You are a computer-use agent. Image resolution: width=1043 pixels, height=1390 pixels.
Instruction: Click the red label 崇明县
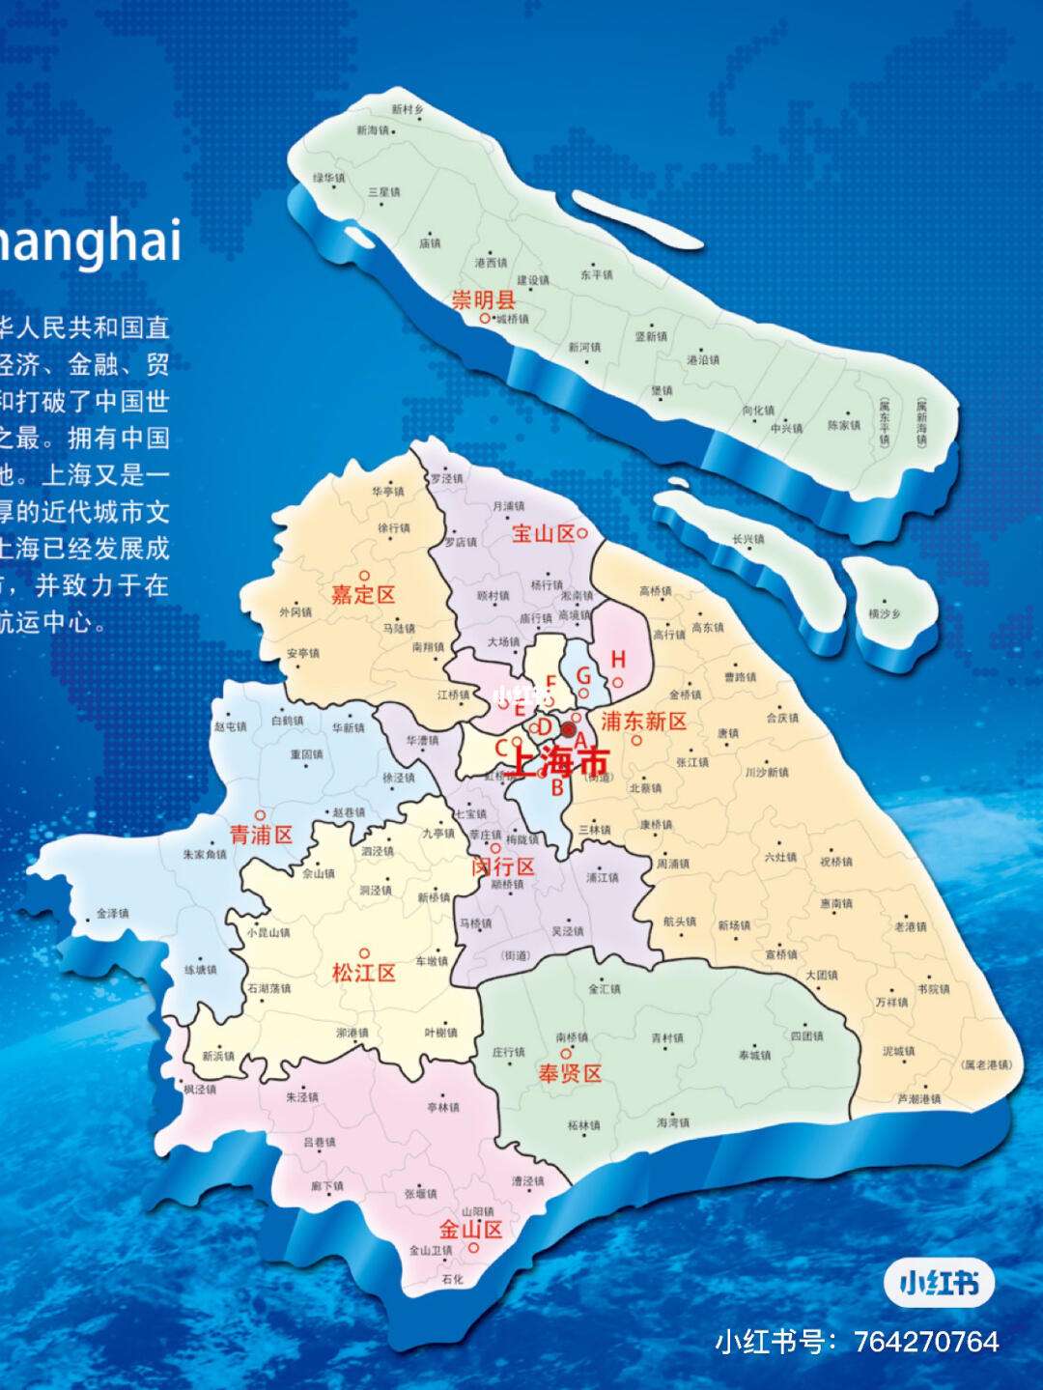pyautogui.click(x=484, y=299)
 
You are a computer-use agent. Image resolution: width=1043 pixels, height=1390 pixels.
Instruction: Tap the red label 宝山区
pyautogui.click(x=542, y=534)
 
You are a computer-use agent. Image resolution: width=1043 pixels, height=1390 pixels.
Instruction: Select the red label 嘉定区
pyautogui.click(x=363, y=594)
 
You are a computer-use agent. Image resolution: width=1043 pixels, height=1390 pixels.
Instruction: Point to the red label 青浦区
pyautogui.click(x=261, y=835)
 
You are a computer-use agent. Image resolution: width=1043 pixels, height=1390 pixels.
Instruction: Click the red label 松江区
pyautogui.click(x=364, y=973)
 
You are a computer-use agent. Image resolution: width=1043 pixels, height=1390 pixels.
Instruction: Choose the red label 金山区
pyautogui.click(x=470, y=1230)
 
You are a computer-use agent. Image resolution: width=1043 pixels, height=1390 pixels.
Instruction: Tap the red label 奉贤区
pyautogui.click(x=570, y=1073)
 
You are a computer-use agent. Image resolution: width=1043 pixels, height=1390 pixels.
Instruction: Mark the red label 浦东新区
pyautogui.click(x=644, y=721)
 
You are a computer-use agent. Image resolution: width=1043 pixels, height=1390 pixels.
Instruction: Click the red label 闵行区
pyautogui.click(x=502, y=866)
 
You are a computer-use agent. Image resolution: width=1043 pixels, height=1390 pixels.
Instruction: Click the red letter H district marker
pyautogui.click(x=618, y=660)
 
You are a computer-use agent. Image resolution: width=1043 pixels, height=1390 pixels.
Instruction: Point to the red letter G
pyautogui.click(x=583, y=675)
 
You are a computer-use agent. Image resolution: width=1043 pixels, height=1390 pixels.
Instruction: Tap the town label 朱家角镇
pyautogui.click(x=204, y=854)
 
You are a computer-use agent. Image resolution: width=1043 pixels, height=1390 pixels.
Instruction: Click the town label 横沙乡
pyautogui.click(x=884, y=613)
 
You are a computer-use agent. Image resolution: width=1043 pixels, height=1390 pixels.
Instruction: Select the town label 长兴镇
pyautogui.click(x=747, y=539)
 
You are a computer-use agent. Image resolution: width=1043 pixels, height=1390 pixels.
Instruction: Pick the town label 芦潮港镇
pyautogui.click(x=918, y=1098)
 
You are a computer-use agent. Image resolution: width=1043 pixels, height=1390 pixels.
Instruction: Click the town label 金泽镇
pyautogui.click(x=112, y=912)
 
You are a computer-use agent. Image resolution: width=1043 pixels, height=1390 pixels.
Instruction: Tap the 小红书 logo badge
pyautogui.click(x=939, y=1282)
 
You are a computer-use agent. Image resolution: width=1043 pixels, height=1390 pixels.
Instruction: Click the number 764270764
pyautogui.click(x=927, y=1342)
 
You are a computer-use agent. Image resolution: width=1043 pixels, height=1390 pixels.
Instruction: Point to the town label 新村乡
pyautogui.click(x=407, y=110)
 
